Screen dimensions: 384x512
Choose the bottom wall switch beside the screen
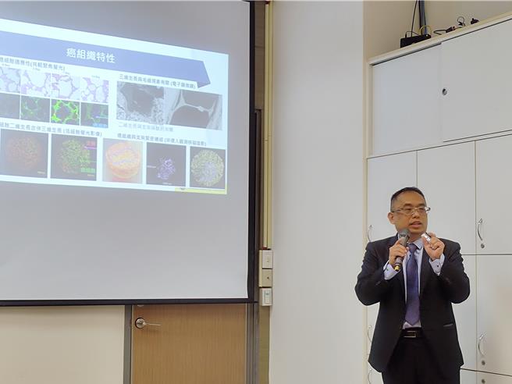(266, 297)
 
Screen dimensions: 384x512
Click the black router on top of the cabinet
(415, 38)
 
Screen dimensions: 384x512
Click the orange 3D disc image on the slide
(123, 161)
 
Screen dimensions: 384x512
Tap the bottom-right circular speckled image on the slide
(208, 168)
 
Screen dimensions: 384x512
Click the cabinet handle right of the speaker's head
(480, 229)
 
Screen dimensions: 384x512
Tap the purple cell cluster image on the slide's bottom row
(165, 165)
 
